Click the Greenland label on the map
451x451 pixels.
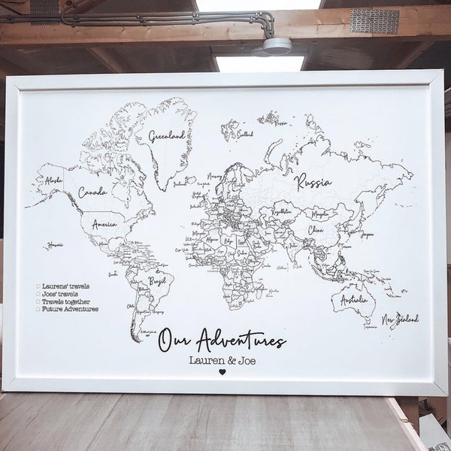click(x=167, y=136)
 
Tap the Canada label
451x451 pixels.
click(x=92, y=192)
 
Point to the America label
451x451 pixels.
click(x=104, y=224)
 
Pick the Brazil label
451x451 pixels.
click(x=157, y=280)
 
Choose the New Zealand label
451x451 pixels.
click(x=400, y=319)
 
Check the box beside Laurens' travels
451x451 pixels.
click(x=38, y=286)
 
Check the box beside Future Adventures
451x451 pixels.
click(x=38, y=308)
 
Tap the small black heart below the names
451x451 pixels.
click(x=222, y=371)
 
